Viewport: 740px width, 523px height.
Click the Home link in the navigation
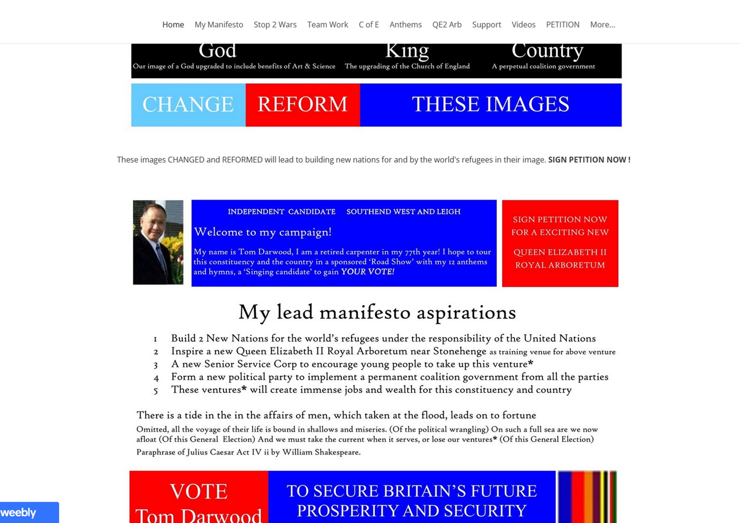173,25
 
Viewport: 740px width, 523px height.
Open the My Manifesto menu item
219,25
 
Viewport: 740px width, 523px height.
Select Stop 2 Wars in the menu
275,25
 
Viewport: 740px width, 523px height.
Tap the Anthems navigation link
405,25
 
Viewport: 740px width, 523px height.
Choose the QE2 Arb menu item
447,25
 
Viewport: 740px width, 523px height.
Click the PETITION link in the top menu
562,25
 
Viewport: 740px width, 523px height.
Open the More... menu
602,25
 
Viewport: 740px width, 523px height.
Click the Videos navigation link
523,25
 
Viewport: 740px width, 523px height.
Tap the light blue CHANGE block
188,105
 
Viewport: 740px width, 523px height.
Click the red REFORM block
302,105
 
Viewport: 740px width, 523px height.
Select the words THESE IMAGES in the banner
490,105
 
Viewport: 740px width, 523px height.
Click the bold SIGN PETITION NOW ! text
589,160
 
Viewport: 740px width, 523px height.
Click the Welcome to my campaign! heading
262,232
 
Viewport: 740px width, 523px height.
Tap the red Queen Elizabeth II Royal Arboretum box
560,243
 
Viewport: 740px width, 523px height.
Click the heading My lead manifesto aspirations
377,313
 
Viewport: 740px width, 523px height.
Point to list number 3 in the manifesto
156,365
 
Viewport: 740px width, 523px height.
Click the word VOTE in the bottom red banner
198,491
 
